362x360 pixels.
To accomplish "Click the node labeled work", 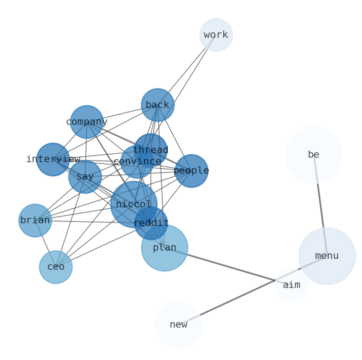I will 216,35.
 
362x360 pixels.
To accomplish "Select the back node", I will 157,105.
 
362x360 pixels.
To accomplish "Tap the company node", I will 87,122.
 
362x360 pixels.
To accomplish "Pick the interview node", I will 53,159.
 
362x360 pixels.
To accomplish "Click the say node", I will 85,177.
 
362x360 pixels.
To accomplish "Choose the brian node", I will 35,221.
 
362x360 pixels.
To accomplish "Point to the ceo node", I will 56,267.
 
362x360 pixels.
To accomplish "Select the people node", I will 191,171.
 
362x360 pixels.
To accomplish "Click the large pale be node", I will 313,155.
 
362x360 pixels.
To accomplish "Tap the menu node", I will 327,256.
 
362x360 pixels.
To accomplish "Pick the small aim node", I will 291,285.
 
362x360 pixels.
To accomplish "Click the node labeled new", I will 178,325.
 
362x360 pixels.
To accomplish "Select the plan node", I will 165,248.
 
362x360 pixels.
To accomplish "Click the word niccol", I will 133,205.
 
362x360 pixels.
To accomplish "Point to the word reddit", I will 151,223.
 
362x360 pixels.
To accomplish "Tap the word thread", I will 150,150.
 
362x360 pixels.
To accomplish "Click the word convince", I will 137,162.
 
